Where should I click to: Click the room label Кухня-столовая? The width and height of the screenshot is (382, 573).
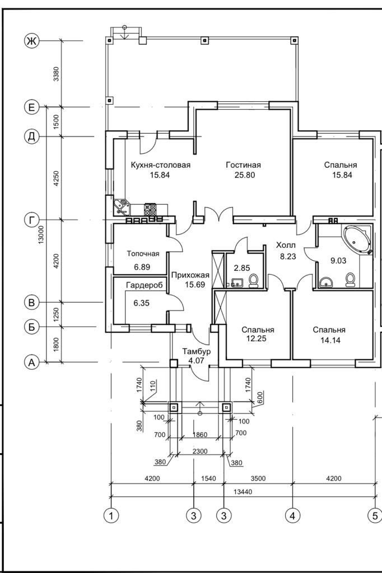[161, 165]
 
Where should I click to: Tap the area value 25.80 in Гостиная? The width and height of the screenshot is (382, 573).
[243, 175]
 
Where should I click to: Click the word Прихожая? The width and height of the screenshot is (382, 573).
[190, 275]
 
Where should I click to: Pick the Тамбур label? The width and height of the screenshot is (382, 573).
[196, 351]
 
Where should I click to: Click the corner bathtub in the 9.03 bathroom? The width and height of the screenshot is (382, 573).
[357, 239]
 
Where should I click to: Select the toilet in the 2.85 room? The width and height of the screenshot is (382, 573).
[253, 280]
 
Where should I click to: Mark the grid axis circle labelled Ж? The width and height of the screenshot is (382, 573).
[31, 41]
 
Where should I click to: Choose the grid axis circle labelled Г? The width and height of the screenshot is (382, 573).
[31, 220]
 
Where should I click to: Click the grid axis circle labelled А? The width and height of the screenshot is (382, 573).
[31, 363]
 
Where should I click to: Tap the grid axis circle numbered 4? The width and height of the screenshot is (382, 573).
[291, 515]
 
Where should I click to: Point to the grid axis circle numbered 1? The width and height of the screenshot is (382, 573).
[112, 515]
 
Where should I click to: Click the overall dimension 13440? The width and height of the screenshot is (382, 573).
[243, 491]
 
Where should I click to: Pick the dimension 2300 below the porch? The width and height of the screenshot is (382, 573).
[200, 450]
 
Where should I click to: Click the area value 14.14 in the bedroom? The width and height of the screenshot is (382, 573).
[329, 340]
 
